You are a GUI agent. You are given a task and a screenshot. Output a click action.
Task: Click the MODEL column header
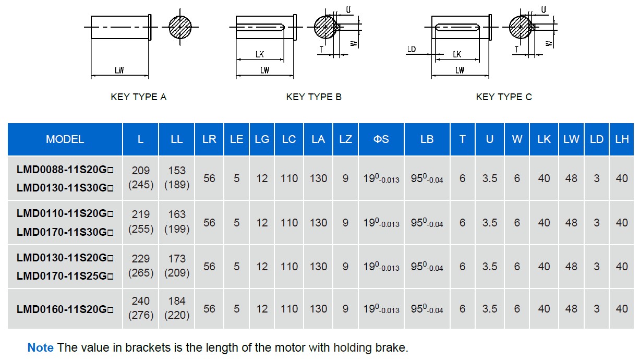[65, 139]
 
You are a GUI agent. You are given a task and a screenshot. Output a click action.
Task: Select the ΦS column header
[381, 139]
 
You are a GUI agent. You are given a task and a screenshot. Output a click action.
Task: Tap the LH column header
[622, 139]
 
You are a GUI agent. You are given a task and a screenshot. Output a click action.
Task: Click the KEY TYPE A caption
[138, 97]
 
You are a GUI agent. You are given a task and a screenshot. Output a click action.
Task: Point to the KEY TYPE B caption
[313, 97]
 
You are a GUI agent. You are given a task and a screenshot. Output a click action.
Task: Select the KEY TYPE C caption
[504, 97]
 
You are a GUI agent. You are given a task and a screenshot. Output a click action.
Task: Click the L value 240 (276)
[140, 308]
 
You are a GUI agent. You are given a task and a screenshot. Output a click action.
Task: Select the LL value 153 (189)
[177, 177]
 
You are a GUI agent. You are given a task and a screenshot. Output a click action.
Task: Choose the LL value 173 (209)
[177, 266]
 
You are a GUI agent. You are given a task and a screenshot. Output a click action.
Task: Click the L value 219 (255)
[140, 222]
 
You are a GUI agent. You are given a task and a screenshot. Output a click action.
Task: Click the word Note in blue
[40, 347]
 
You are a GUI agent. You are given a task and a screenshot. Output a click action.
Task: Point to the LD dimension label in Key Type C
[412, 50]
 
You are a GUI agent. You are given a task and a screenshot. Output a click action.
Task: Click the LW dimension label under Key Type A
[119, 70]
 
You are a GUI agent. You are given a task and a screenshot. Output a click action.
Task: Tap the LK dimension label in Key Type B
[259, 54]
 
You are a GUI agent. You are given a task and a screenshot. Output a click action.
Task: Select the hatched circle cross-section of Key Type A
[180, 27]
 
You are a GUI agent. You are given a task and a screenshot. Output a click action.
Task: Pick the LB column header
[427, 139]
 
